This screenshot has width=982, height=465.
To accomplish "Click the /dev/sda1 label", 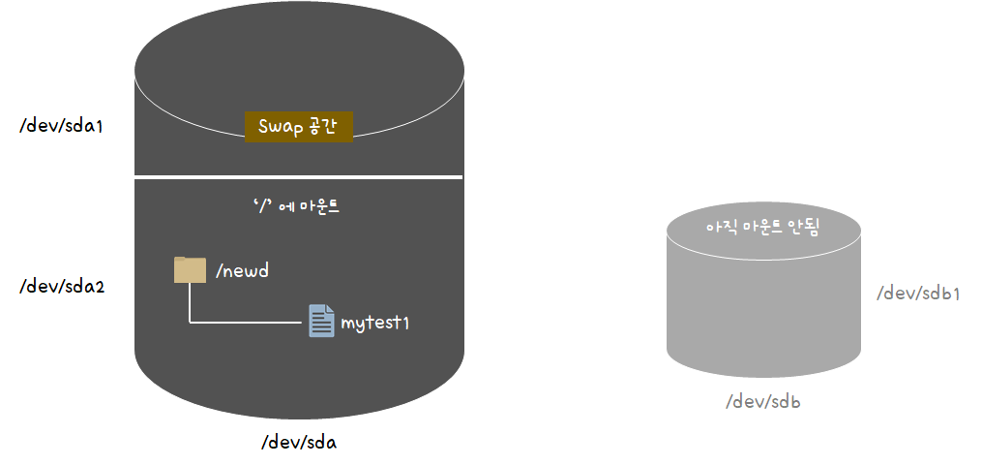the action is tap(61, 126).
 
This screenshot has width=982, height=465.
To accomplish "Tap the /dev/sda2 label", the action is tap(61, 287).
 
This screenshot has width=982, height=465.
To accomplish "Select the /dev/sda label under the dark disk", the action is tap(298, 443).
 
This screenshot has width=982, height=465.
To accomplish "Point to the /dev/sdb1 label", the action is tap(918, 294).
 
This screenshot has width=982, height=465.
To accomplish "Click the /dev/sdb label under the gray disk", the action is tap(763, 402).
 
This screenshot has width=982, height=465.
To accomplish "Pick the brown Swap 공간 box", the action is tap(299, 127).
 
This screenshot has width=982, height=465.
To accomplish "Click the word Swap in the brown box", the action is tap(279, 127).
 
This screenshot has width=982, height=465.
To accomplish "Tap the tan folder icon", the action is tap(190, 269).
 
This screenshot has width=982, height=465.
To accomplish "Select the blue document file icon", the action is tap(321, 321).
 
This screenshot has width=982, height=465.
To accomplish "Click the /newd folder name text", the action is tap(242, 270).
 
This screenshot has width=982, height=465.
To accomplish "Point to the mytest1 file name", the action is tap(375, 323).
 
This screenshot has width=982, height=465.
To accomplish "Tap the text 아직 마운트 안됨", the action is tap(763, 229).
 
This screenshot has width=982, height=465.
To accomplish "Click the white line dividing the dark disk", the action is tap(298, 177).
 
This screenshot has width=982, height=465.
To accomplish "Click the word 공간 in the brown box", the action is tap(323, 127).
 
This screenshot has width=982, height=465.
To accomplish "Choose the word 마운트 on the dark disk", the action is tap(309, 206).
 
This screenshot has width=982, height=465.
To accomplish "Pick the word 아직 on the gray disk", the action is tap(721, 229).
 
